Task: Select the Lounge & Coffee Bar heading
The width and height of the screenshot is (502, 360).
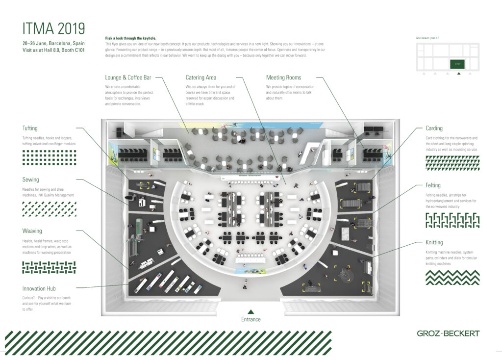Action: [x=129, y=77]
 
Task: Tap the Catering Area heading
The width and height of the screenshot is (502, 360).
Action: [x=201, y=77]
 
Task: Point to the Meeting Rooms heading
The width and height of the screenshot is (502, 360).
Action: [x=283, y=77]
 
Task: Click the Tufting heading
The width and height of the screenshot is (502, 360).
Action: [x=30, y=129]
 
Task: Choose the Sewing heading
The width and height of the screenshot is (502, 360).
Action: [x=30, y=180]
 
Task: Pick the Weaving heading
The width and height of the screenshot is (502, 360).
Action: [x=32, y=231]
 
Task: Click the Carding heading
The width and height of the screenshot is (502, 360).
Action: [x=434, y=129]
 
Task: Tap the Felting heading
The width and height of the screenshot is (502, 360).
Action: [x=433, y=185]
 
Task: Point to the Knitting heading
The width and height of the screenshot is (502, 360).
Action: [x=434, y=242]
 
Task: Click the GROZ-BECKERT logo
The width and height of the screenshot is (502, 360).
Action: [x=448, y=334]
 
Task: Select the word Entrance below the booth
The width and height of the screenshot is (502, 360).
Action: [x=251, y=319]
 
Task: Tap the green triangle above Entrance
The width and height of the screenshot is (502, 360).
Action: [x=251, y=311]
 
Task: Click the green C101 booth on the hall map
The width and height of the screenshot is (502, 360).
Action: [x=458, y=64]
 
